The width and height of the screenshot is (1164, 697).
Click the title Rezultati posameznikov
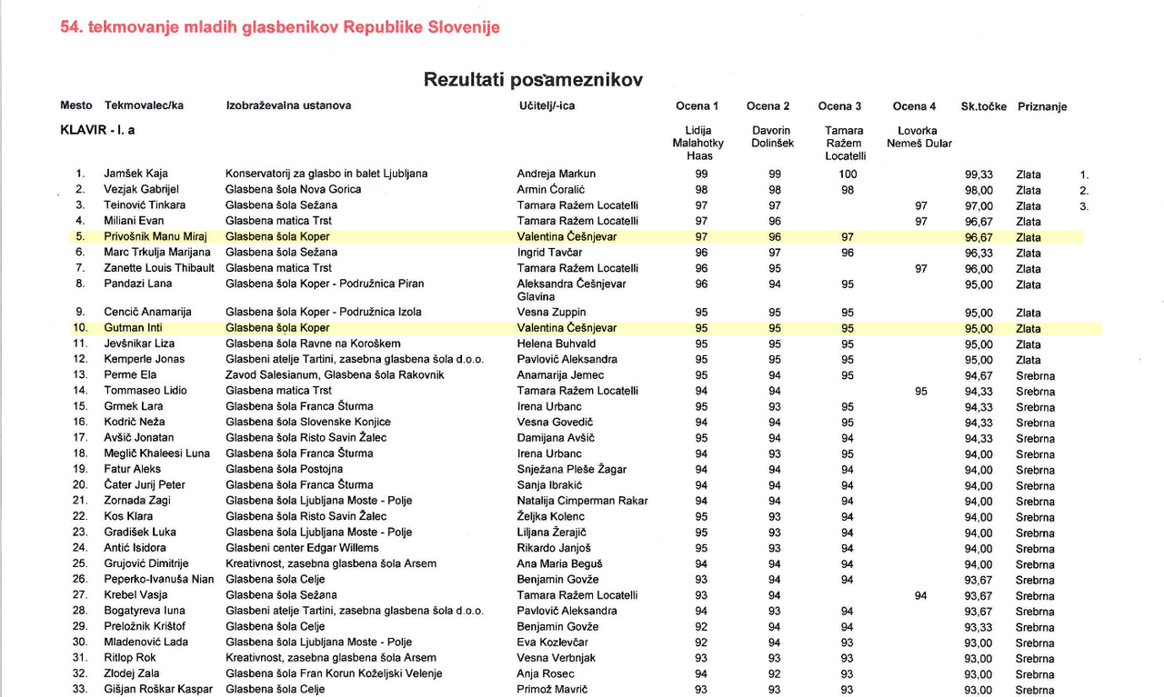point(533,80)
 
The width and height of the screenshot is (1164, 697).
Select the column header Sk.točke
point(983,106)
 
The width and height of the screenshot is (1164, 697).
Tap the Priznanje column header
point(1042,106)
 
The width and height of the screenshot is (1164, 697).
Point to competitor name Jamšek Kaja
point(135,174)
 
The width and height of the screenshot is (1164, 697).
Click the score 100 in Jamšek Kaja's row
point(848,174)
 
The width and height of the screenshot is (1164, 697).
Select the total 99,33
point(978,174)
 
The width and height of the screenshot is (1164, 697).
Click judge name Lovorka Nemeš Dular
point(918,137)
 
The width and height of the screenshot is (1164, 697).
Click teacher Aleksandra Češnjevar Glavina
point(571,290)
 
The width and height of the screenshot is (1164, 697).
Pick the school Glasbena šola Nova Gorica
point(293,190)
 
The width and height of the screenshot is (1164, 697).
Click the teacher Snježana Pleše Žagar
point(571,470)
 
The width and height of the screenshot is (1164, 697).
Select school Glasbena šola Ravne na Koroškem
point(313,344)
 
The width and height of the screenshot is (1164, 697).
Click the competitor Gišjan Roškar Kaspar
point(158,690)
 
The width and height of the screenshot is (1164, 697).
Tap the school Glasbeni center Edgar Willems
point(301,548)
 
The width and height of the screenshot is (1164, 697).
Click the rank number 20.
point(80,485)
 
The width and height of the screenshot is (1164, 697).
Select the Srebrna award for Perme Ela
point(1035,376)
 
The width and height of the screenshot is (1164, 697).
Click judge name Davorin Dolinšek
point(771,137)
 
